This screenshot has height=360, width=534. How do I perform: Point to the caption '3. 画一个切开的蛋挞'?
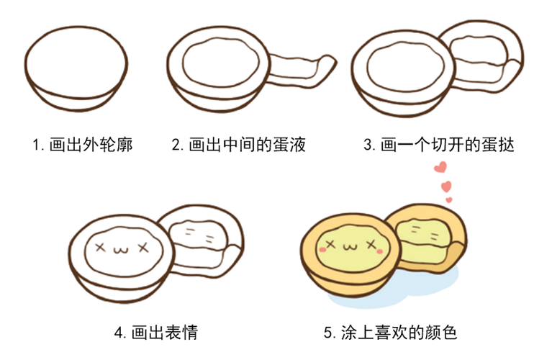tap(438, 145)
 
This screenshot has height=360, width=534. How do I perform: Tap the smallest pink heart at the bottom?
tap(448, 199)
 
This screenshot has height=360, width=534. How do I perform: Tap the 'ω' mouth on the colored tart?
tap(352, 248)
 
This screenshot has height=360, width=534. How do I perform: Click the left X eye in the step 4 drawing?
tap(100, 247)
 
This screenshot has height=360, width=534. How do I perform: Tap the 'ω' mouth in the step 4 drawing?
tap(121, 249)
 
